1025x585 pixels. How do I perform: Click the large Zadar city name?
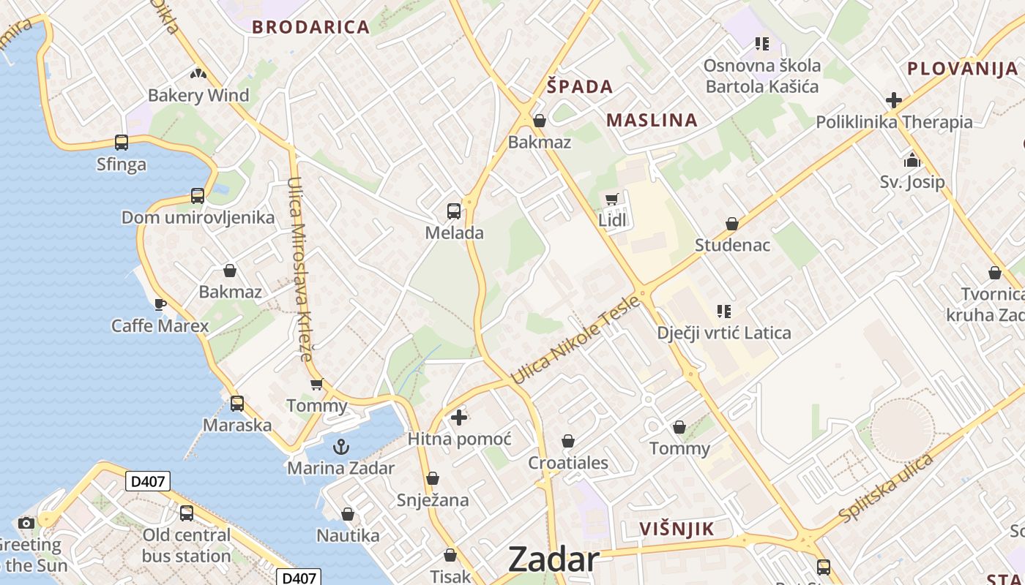[553, 559]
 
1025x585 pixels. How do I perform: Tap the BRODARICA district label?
[311, 28]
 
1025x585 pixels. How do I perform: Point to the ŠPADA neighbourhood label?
[580, 87]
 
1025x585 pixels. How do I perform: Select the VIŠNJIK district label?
[676, 529]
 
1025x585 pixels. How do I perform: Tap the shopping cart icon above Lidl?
[612, 199]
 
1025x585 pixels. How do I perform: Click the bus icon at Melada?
[454, 211]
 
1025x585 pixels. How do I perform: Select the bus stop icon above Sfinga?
[122, 143]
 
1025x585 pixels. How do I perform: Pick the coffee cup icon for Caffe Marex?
[160, 304]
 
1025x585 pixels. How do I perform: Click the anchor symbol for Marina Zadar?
[340, 446]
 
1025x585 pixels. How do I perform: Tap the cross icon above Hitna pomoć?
[459, 418]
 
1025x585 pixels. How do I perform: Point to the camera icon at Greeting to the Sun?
[26, 523]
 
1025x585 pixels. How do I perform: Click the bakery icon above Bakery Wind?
[198, 74]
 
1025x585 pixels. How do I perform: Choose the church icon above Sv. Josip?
[912, 160]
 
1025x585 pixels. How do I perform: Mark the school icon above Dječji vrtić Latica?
[724, 312]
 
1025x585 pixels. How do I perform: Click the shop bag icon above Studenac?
[732, 224]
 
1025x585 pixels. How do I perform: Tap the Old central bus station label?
[186, 546]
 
